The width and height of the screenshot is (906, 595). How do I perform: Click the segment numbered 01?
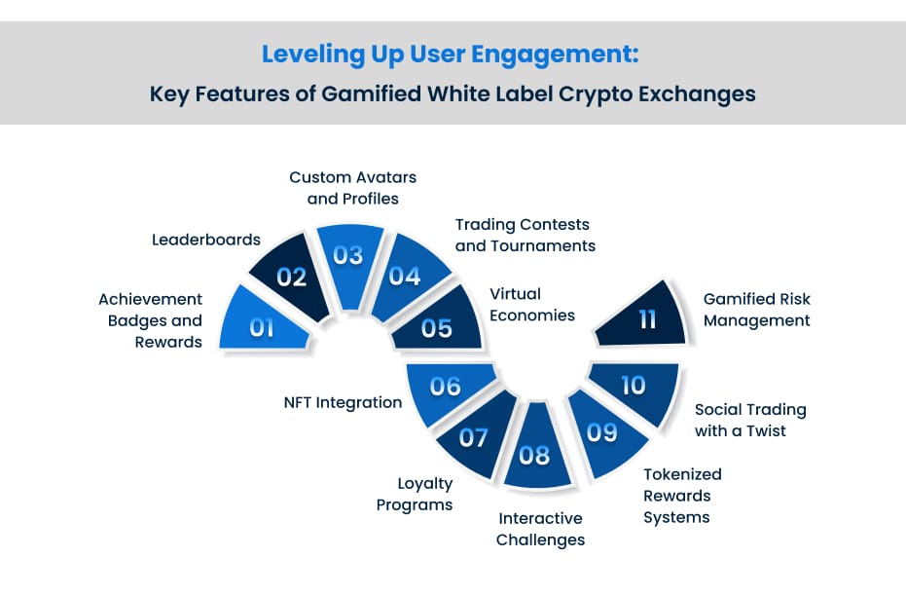pos(263,324)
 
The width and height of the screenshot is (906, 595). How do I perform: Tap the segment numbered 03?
pos(349,260)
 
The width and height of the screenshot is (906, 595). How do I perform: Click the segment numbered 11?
pos(644,316)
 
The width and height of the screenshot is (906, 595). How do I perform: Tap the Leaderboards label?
pos(206,240)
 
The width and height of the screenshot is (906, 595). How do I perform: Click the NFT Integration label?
pos(343,402)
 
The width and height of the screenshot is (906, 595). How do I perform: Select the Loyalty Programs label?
pos(415,494)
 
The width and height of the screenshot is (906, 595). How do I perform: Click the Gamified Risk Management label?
pos(757,310)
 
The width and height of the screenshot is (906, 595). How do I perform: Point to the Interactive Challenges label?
pos(540,529)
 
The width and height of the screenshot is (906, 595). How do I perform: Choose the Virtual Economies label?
pos(532,304)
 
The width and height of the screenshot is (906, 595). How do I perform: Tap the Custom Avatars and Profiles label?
pos(353,187)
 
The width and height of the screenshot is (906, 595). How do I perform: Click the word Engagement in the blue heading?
pos(555,55)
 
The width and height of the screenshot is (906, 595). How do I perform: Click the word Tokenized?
pos(682,474)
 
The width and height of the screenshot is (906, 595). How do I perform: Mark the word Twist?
pos(766,430)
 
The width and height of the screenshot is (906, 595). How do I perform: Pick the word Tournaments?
pos(543,245)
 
